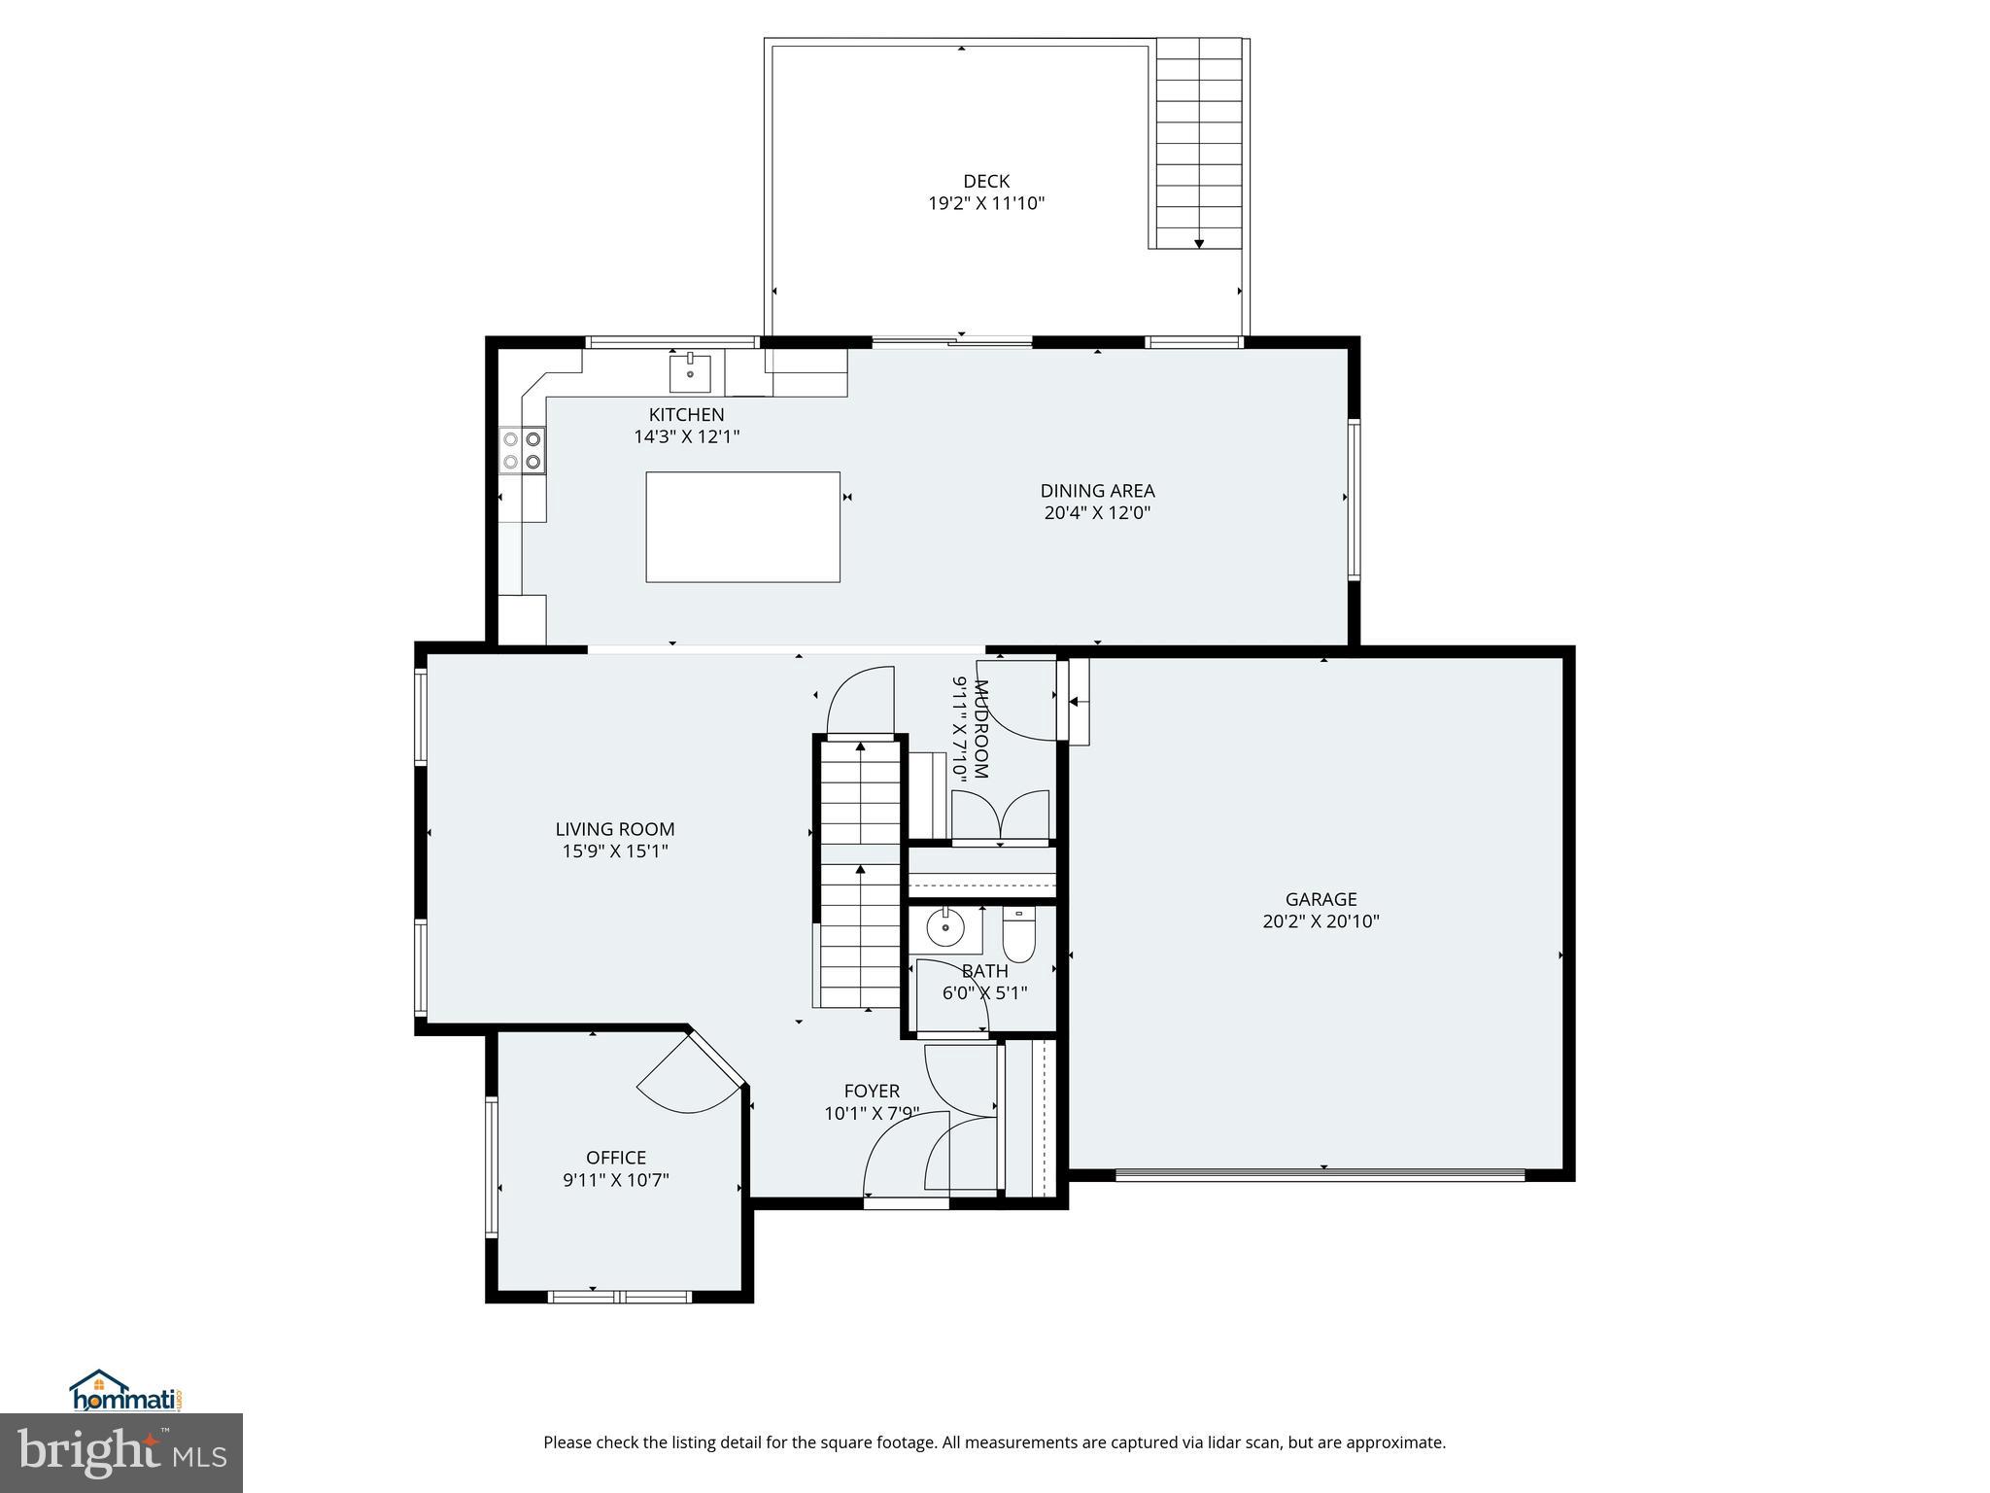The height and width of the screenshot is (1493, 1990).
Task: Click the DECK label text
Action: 985,181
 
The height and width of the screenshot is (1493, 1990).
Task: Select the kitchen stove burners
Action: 522,450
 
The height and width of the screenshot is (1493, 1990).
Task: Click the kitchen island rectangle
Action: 742,527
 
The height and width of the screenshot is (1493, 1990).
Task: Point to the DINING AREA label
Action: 1097,491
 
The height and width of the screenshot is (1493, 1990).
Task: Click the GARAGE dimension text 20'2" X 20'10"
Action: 1321,921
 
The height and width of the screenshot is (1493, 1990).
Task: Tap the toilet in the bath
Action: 1018,934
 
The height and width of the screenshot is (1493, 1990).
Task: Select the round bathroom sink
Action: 943,929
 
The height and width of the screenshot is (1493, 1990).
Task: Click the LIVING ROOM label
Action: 614,829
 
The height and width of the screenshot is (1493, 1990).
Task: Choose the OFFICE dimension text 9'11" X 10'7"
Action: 615,1180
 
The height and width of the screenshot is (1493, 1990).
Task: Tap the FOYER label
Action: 872,1091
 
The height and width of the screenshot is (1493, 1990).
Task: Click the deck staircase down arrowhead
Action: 1199,243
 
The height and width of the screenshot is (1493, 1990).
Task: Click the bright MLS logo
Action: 120,1454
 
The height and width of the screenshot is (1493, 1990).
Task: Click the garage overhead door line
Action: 1320,1175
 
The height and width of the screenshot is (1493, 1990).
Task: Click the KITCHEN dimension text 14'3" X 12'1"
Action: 686,437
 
